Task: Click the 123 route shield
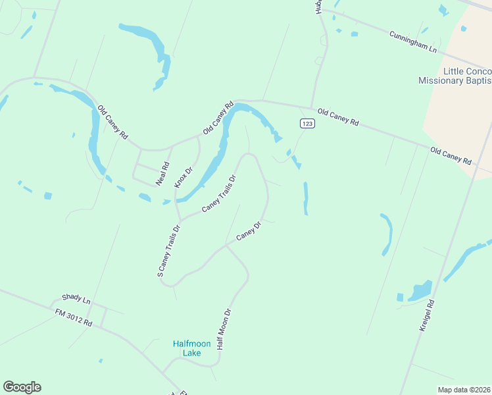[x=307, y=124]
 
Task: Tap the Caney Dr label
[x=249, y=230]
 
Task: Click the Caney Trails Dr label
[x=219, y=193]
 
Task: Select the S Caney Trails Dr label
[x=168, y=251]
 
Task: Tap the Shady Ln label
[x=76, y=299]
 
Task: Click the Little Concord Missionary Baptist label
[x=455, y=76]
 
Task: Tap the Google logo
[x=22, y=387]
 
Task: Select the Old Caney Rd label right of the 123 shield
[x=337, y=117]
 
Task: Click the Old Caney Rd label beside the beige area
[x=451, y=156]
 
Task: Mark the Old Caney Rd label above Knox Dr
[x=218, y=118]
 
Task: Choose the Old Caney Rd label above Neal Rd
[x=112, y=122]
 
